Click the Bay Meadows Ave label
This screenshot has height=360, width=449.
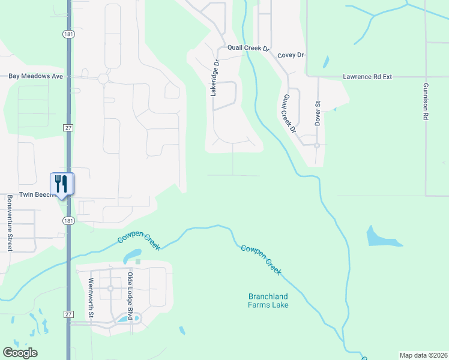36,77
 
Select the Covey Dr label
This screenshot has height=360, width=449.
291,55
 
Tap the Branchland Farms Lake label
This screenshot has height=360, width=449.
268,301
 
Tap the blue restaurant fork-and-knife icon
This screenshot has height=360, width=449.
62,183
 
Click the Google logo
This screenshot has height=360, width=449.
20,353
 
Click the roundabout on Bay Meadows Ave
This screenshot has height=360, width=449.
103,79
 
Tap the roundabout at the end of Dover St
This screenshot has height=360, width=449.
316,145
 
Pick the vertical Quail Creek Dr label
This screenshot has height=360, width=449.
289,113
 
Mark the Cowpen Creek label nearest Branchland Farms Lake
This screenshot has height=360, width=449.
261,260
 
